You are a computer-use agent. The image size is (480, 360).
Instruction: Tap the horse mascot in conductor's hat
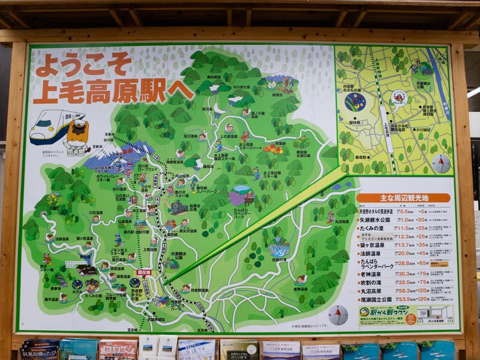77,136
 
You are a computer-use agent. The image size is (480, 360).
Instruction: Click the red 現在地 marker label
143,272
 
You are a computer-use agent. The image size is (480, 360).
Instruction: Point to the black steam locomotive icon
178,208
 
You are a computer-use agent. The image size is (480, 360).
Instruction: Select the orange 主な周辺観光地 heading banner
403,197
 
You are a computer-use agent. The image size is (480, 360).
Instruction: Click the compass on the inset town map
441,163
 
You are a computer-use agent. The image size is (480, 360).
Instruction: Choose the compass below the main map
338,314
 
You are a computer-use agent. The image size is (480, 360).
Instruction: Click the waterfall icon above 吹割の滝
279,247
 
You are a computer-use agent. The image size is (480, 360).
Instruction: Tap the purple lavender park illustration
242,196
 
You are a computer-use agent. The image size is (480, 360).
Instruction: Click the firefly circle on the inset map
355,101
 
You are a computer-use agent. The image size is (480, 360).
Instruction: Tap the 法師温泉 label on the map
62,238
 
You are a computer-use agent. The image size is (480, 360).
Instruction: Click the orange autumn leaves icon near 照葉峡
273,148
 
